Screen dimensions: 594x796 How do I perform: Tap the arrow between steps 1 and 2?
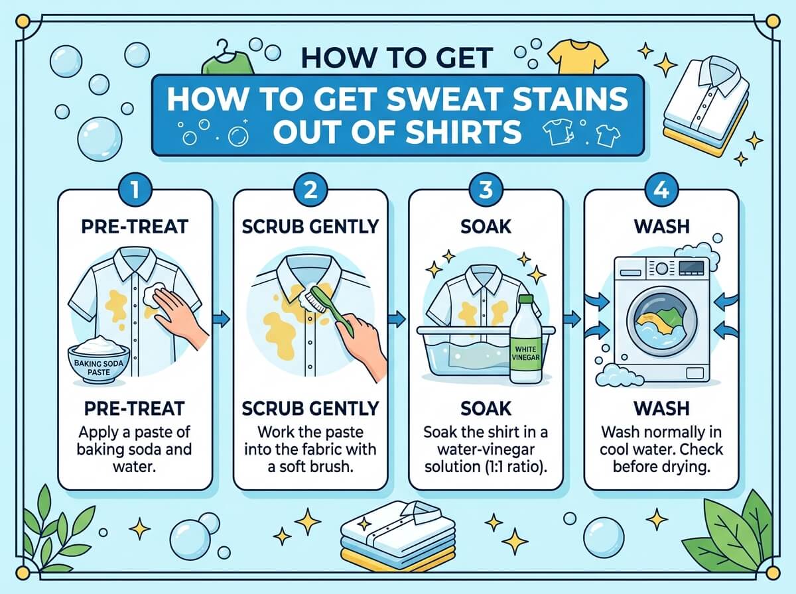tap(222, 319)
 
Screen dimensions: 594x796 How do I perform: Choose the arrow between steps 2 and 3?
tap(397, 319)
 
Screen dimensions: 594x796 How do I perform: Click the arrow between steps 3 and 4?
tap(572, 320)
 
